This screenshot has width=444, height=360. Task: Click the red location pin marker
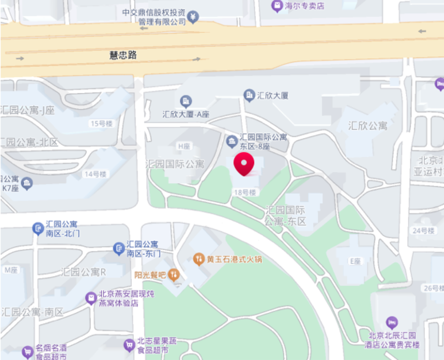point(244,164)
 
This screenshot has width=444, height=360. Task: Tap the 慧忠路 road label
point(123,55)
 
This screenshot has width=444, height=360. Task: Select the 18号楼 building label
point(244,192)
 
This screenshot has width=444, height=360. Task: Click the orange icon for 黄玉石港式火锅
point(199,259)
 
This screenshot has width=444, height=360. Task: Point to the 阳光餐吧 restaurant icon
point(174,275)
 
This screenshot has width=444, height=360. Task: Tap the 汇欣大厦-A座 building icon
point(186,101)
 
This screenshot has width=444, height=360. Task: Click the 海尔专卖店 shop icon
point(277,6)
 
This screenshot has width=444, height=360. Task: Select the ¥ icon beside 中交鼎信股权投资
point(193,17)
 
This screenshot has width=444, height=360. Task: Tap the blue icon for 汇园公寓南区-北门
point(38,228)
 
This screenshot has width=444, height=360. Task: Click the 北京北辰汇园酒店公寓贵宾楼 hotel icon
point(392,322)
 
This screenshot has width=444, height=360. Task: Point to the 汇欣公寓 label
point(367,126)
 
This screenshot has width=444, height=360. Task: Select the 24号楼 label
point(423,231)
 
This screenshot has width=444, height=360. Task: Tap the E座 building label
point(355,261)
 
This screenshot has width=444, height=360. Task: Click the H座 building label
point(184,146)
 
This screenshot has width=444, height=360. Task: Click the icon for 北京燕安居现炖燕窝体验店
point(91,298)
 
